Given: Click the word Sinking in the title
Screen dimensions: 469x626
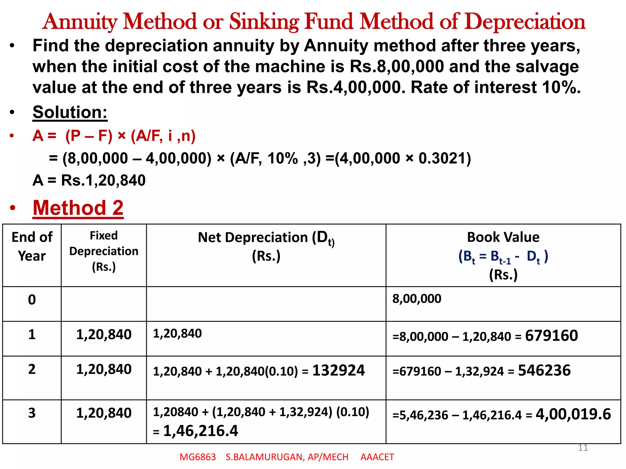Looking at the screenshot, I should pyautogui.click(x=264, y=22).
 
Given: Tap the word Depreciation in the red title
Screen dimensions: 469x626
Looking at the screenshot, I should pyautogui.click(x=526, y=22).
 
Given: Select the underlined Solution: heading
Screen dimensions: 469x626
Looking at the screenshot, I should pyautogui.click(x=70, y=112).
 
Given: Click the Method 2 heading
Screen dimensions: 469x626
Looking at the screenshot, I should pyautogui.click(x=78, y=208).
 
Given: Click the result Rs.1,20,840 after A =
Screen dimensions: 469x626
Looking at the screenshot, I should pyautogui.click(x=103, y=180).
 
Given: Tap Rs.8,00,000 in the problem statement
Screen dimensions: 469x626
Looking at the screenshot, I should pyautogui.click(x=397, y=67).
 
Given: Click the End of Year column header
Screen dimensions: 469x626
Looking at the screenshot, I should pyautogui.click(x=32, y=246).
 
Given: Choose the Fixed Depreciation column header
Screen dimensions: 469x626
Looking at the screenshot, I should pyautogui.click(x=104, y=251).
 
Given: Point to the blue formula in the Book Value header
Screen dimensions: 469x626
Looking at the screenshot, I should pyautogui.click(x=503, y=256).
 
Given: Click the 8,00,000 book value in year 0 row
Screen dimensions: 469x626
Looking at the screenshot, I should pyautogui.click(x=417, y=299).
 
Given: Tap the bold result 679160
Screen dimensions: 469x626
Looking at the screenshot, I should pyautogui.click(x=551, y=336).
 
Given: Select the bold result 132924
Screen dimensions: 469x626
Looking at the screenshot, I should pyautogui.click(x=338, y=370).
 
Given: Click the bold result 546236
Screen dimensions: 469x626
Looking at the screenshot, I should pyautogui.click(x=544, y=370).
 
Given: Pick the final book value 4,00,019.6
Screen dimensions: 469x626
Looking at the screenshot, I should pyautogui.click(x=573, y=414).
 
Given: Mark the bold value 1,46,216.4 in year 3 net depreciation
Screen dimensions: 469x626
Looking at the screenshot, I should pyautogui.click(x=201, y=431).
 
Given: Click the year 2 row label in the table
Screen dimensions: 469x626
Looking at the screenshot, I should pyautogui.click(x=32, y=369).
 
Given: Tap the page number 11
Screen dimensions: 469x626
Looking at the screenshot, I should pyautogui.click(x=583, y=448).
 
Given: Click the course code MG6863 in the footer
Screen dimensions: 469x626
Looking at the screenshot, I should pyautogui.click(x=197, y=457).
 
